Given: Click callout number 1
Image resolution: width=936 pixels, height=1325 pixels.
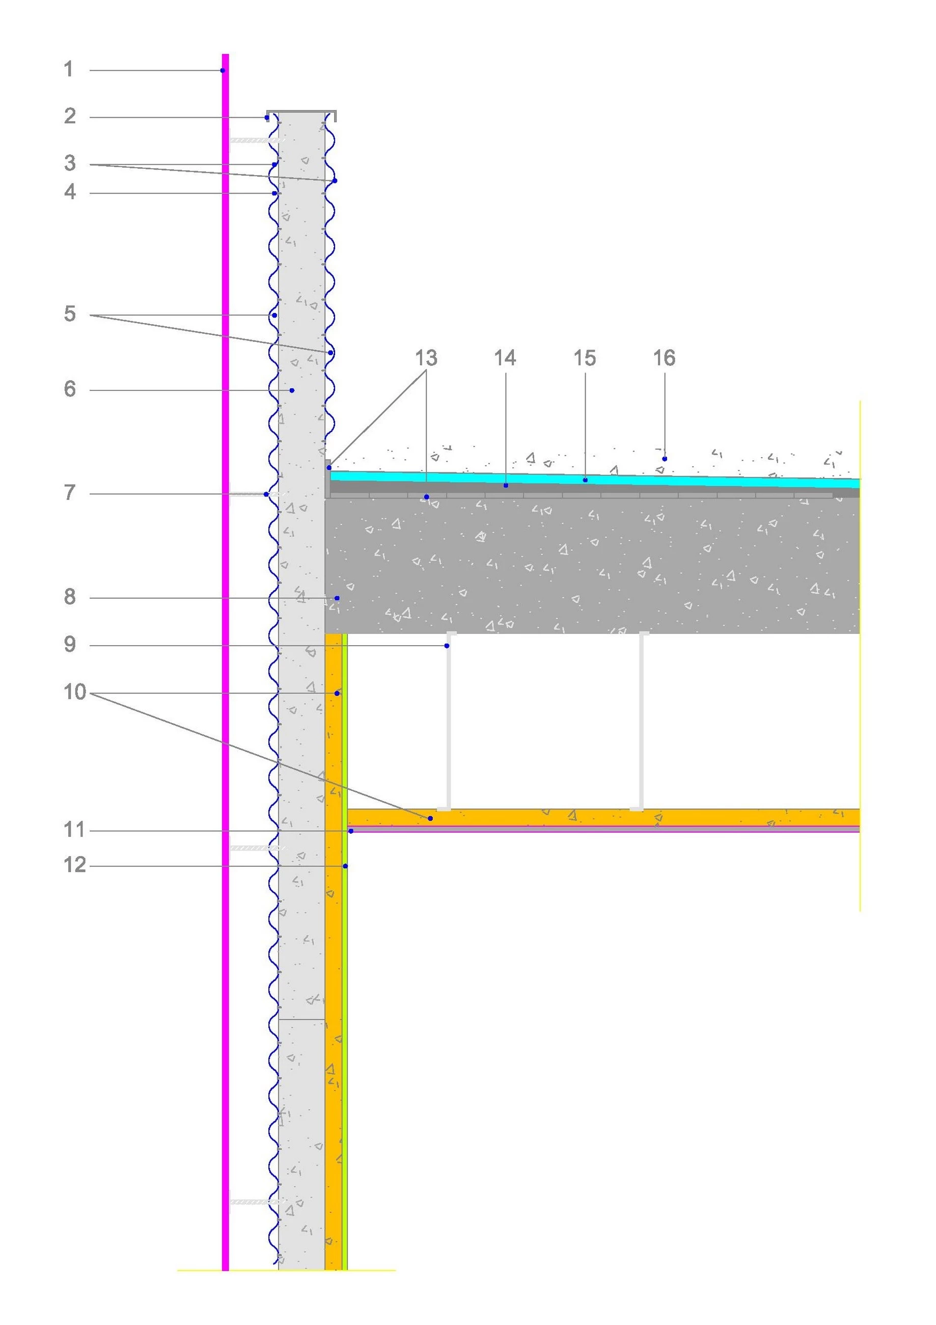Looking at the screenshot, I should [69, 69].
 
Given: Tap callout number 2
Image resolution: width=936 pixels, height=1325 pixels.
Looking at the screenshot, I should [70, 116].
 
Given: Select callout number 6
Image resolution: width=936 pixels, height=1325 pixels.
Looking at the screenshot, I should [70, 389].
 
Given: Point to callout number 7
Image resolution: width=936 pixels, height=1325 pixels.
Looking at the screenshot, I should [70, 493].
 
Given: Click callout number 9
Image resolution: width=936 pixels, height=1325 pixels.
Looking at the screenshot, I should [70, 644].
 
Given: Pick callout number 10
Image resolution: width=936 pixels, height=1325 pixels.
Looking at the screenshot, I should [75, 692].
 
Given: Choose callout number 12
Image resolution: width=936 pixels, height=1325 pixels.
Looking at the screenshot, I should [75, 865].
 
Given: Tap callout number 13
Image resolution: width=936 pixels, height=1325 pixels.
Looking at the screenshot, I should [426, 358].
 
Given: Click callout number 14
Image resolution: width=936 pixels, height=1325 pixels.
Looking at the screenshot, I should [505, 358].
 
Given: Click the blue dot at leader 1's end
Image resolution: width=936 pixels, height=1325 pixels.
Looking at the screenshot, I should [223, 70].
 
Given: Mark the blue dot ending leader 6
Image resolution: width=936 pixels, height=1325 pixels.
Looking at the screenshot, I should [292, 391].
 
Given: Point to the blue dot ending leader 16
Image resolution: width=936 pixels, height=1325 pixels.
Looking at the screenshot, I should [665, 459].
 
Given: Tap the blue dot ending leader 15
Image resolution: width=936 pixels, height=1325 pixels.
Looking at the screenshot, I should [585, 480].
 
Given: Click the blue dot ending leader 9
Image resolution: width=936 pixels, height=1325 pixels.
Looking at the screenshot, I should [447, 646].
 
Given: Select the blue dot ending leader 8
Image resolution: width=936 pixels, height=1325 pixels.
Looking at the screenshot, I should [337, 598].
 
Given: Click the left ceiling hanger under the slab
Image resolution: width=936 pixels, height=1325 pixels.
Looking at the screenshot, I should [449, 722].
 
